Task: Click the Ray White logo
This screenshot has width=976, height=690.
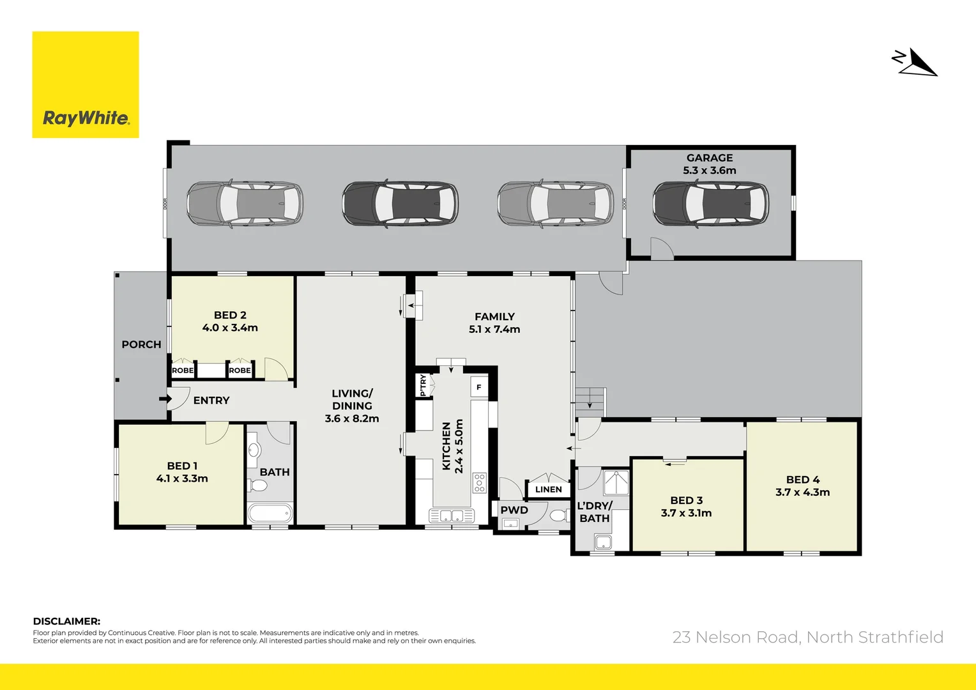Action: [86, 85]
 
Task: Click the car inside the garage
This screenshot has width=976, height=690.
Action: [710, 204]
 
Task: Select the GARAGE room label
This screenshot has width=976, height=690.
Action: [710, 158]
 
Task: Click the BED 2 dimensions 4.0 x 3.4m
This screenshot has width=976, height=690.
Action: [230, 328]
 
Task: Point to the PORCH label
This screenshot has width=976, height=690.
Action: [141, 344]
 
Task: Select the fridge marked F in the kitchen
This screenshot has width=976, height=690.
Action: [479, 387]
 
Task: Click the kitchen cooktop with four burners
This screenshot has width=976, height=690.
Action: [479, 482]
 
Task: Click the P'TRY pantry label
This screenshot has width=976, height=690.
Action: [423, 385]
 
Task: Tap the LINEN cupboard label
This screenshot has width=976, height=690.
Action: [549, 489]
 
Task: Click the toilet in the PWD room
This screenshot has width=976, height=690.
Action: [558, 515]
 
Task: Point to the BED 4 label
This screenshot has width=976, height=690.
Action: [803, 480]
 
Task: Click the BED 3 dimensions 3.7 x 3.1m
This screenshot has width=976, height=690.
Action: [686, 513]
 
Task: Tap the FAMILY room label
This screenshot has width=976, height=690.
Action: [494, 317]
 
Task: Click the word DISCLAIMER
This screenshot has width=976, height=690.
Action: [66, 621]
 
